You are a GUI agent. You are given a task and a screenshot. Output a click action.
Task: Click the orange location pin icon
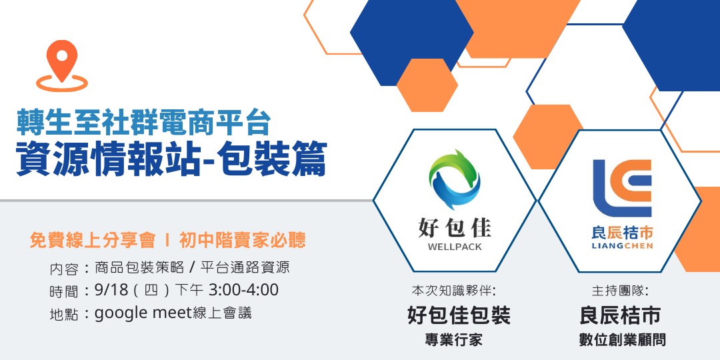point(61,64)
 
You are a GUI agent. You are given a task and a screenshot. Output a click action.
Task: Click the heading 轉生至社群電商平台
point(143,123)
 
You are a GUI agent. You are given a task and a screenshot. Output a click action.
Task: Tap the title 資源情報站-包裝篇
point(171,161)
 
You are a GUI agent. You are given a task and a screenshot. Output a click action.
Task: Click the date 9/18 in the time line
point(111,290)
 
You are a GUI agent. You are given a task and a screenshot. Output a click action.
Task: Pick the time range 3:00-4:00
point(243,290)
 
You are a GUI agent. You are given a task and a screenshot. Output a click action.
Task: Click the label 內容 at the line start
point(64,269)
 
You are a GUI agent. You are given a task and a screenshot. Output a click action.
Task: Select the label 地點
point(64,313)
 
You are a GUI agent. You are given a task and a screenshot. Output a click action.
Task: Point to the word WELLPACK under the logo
point(454,247)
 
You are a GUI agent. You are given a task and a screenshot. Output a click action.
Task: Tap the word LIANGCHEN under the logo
point(622,246)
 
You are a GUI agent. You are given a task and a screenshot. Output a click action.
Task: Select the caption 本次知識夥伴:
point(454,291)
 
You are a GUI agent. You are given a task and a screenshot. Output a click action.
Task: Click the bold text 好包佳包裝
point(459,315)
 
